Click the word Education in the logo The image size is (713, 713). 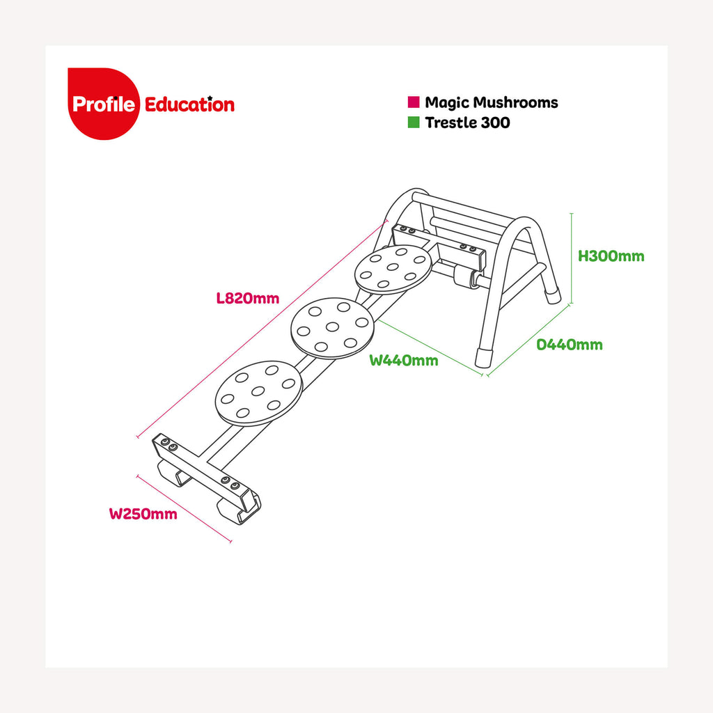pos(189,105)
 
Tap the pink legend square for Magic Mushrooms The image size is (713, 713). pos(414,102)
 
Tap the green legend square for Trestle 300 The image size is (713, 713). pos(414,123)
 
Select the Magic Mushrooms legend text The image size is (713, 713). pos(492,102)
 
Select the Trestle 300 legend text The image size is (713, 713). pos(468,123)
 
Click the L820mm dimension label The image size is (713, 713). pos(247,299)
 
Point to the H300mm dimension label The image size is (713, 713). pos(611,256)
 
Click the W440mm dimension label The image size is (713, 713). pos(404,360)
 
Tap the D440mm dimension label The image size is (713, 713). pos(570,345)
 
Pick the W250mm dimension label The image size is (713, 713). pos(143,515)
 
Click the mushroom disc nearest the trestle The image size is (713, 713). pos(393,268)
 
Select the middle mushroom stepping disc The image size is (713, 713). pos(332,327)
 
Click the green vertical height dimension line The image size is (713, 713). pos(572,258)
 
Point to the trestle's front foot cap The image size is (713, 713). pos(482,358)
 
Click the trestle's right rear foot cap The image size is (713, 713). pos(553,295)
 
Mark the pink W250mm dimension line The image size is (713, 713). pos(184,508)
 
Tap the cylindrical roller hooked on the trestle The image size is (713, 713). pos(463,279)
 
